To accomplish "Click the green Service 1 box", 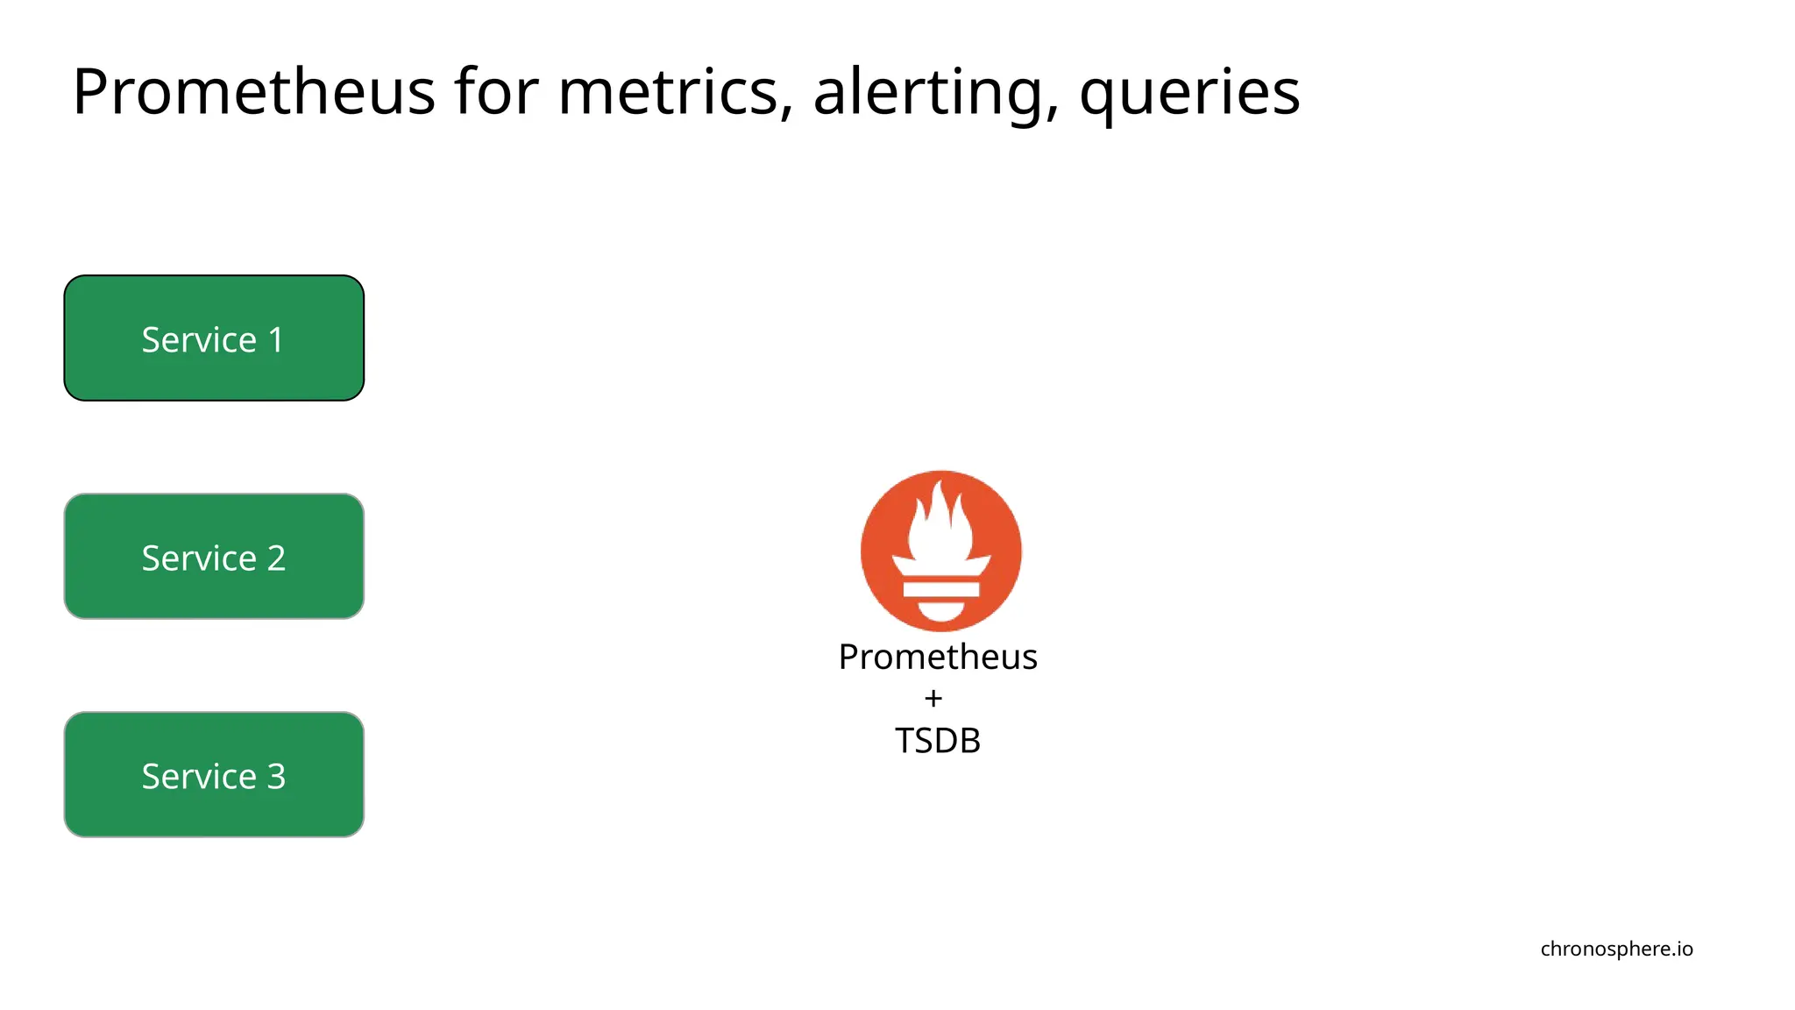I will pos(214,338).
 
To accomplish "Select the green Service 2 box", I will pos(214,557).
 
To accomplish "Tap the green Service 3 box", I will pos(214,775).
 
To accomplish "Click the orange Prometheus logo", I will pos(940,551).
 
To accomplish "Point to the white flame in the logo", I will pos(940,526).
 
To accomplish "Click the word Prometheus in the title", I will pos(253,92).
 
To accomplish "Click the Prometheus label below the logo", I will pos(938,657).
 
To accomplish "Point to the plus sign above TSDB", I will pos(933,699).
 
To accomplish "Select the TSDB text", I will pos(937,741).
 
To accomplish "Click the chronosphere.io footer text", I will pos(1616,949).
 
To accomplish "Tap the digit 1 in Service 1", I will pos(276,340).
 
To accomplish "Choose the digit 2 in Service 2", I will pos(276,558).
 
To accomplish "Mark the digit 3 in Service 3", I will pos(276,777).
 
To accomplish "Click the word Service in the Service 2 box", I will pos(199,558).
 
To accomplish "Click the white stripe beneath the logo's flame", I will pos(940,589).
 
